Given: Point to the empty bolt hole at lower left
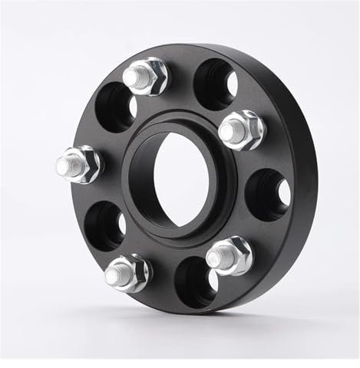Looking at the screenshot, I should click(106, 225).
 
